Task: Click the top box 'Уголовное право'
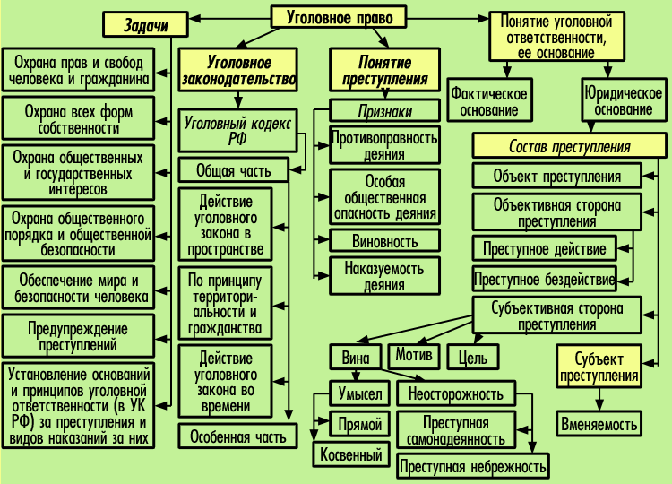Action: coord(339,16)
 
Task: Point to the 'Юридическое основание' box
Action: coord(618,101)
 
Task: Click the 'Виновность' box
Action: coord(385,241)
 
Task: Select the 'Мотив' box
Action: coord(413,355)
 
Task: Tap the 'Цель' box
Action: coord(472,358)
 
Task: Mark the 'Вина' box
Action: coord(355,357)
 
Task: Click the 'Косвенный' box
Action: coord(351,454)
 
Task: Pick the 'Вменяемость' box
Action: coord(600,423)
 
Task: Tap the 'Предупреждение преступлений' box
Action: coord(77,336)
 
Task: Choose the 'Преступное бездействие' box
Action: coord(544,278)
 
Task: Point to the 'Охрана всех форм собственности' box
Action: coord(77,120)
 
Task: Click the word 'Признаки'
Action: coord(384,112)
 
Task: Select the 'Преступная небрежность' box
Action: coord(472,466)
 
